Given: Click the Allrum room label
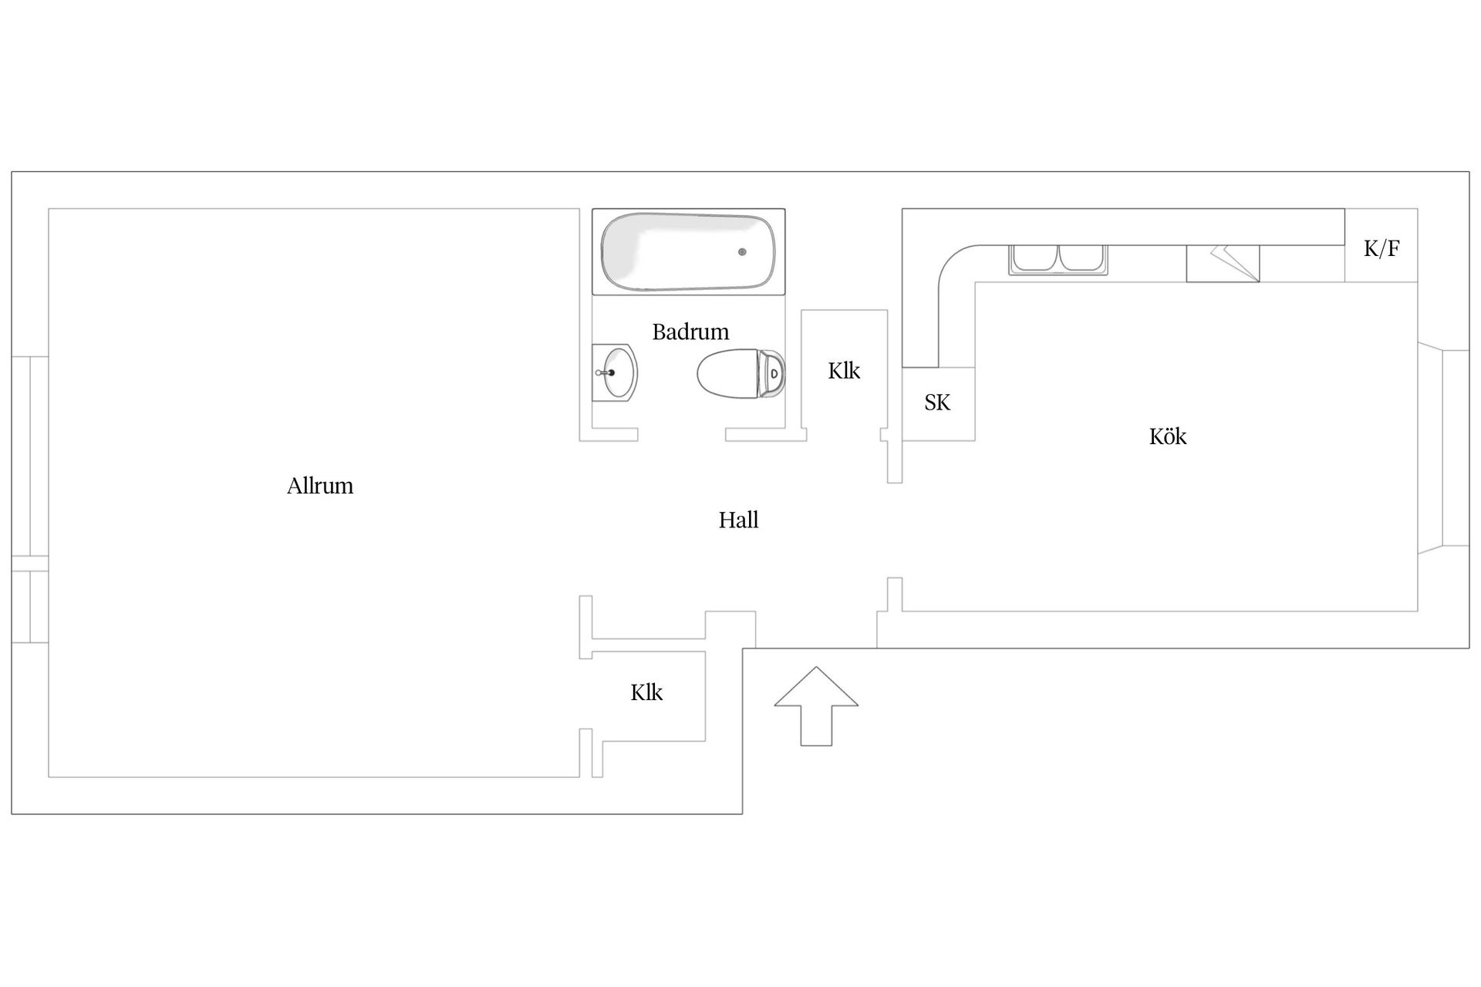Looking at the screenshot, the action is [320, 486].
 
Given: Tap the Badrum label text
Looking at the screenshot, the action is [690, 332].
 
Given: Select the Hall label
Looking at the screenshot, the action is [738, 520].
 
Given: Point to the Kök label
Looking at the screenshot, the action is [1168, 436].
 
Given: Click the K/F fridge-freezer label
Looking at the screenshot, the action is [1381, 248].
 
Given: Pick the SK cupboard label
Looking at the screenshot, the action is [937, 403].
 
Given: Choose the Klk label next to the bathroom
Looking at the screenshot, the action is [844, 371].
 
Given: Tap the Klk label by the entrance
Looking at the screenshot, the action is [646, 692].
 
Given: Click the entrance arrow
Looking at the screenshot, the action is [816, 706].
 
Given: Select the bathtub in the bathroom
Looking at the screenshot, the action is [688, 251].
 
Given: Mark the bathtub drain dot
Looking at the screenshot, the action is [742, 252].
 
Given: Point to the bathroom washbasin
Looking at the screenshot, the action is [615, 372].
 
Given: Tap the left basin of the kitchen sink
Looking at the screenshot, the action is [1034, 258].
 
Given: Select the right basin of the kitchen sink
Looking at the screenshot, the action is [1081, 258].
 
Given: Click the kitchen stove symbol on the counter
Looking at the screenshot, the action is [1223, 264].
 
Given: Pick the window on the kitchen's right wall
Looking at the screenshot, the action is [1444, 448].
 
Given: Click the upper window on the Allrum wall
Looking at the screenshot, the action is [30, 456].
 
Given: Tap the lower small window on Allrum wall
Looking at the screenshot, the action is [30, 607].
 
